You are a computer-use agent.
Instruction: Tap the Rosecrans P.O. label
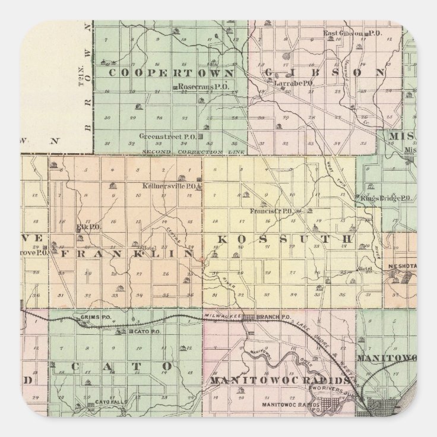195,87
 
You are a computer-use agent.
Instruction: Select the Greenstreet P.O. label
168,137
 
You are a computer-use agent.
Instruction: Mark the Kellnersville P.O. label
170,185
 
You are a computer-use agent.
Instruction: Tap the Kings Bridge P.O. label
386,198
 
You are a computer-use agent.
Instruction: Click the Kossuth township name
284,239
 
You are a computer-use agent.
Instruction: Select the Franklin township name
127,253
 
